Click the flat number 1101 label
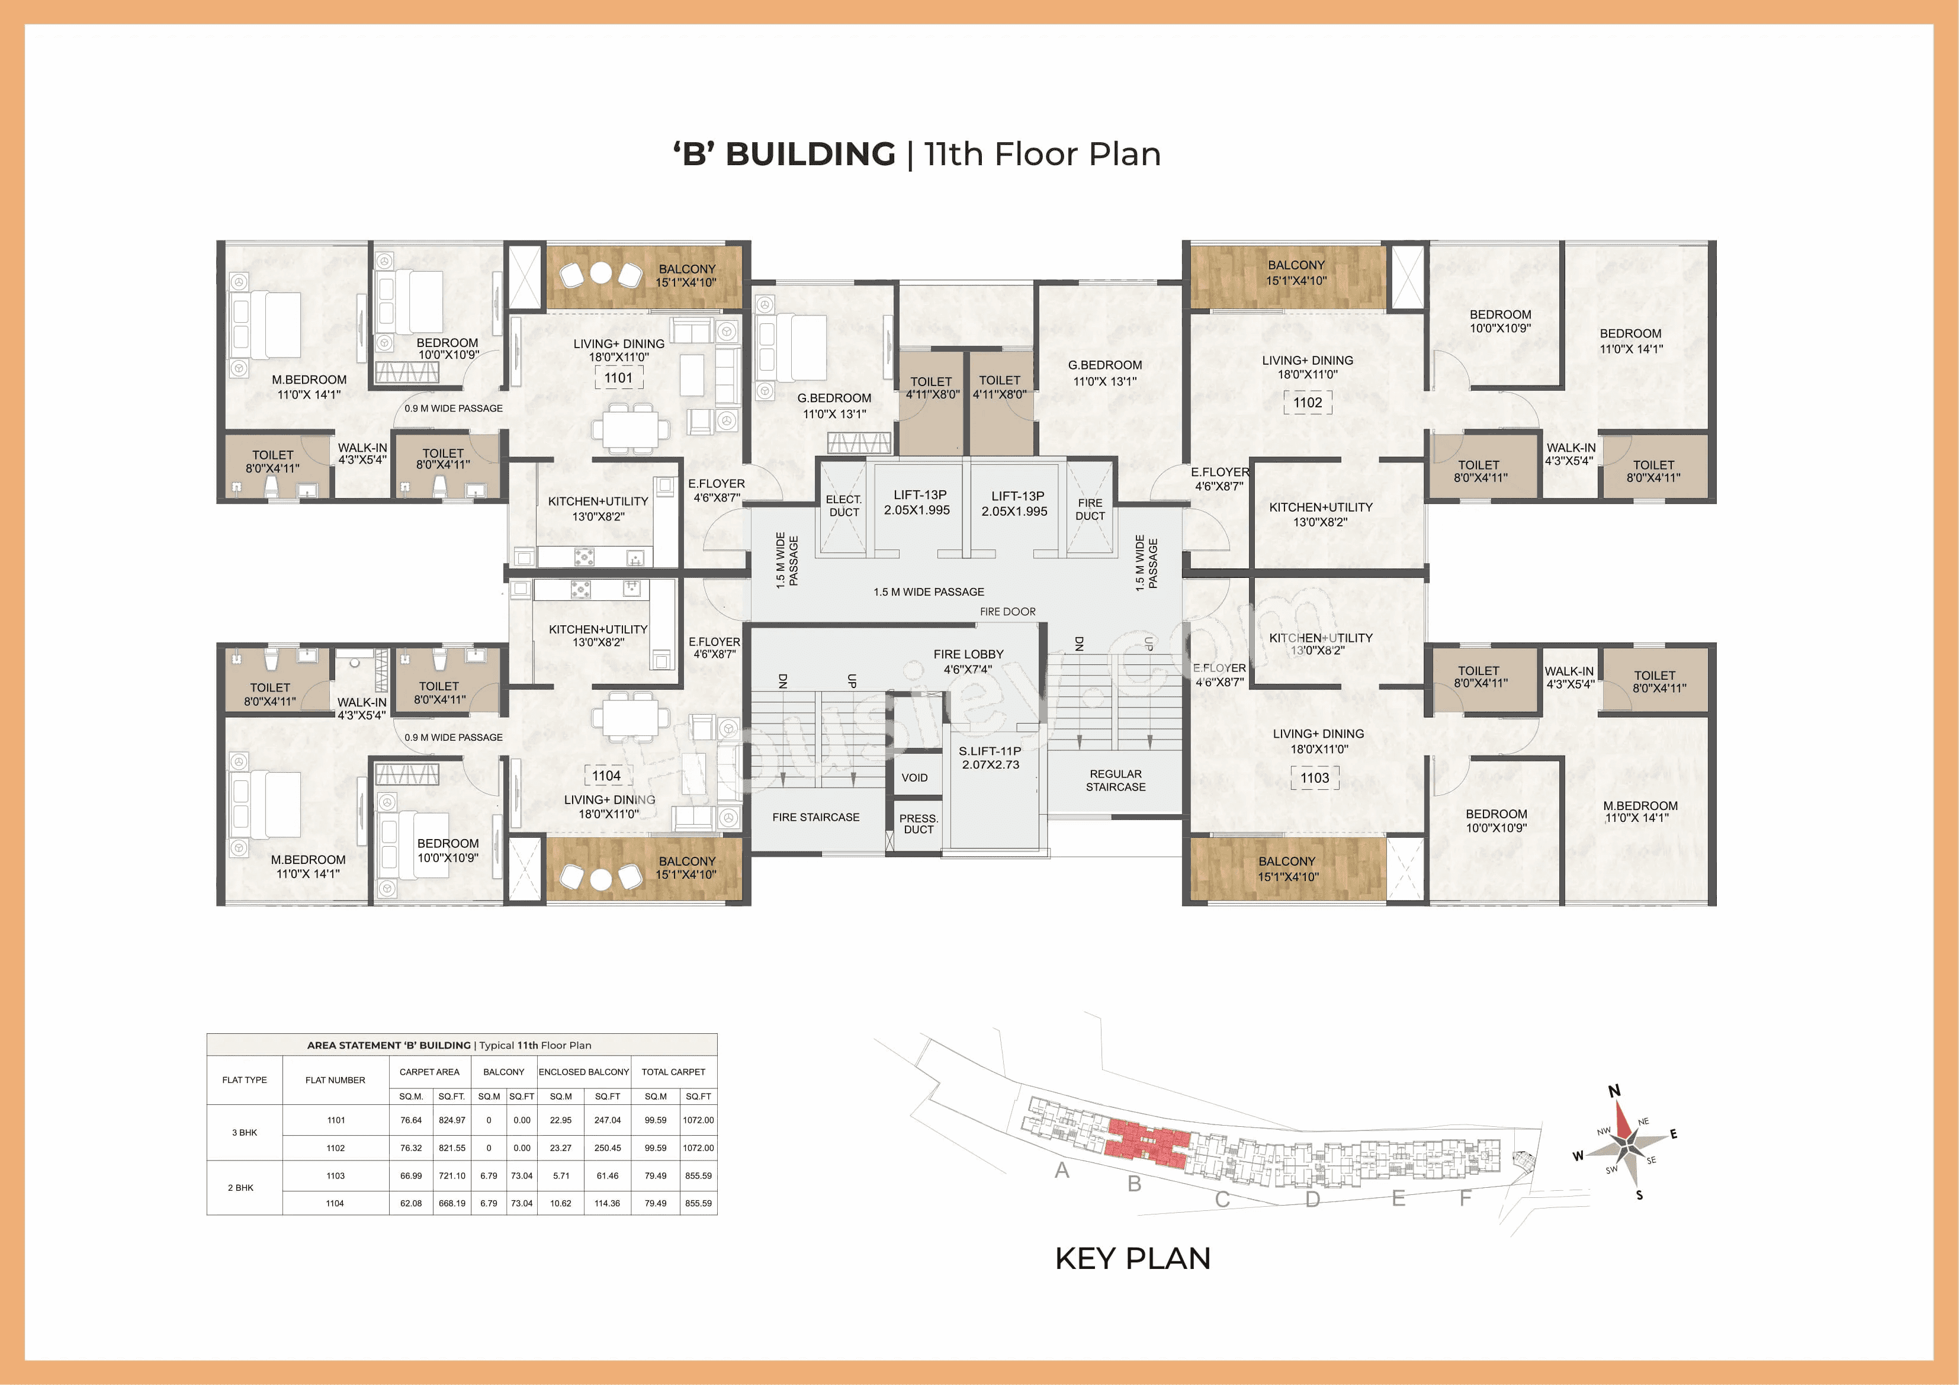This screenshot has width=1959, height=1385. (x=619, y=378)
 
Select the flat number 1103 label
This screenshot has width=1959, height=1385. (x=1314, y=777)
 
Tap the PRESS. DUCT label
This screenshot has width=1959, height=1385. (x=918, y=824)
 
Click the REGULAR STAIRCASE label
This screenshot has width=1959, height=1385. (x=1115, y=780)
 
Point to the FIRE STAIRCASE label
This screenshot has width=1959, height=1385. (x=815, y=817)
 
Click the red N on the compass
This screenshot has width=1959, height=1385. (x=1613, y=1091)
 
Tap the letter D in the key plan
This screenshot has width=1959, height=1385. (x=1312, y=1199)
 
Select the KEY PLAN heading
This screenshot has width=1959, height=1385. (x=1132, y=1258)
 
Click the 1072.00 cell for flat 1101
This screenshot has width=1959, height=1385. (x=698, y=1120)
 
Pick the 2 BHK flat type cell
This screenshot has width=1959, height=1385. (x=240, y=1188)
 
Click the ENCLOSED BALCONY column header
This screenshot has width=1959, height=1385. (x=583, y=1072)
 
